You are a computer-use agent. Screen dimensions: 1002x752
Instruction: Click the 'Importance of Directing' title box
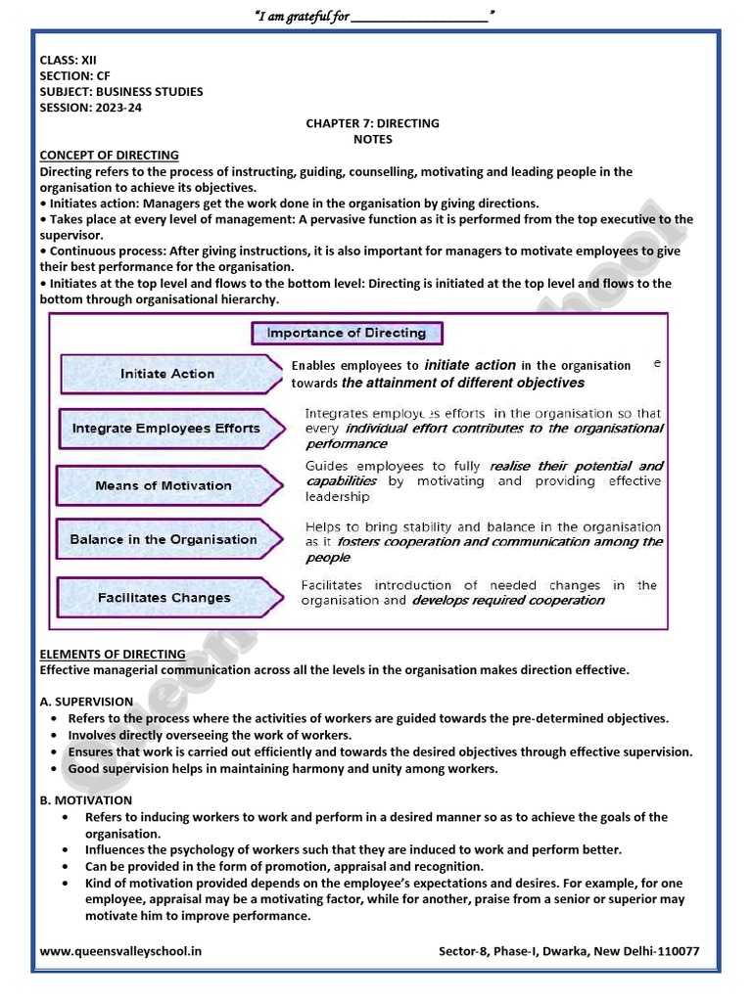click(x=347, y=333)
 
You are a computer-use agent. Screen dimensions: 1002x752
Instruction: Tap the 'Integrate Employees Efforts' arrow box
click(x=166, y=429)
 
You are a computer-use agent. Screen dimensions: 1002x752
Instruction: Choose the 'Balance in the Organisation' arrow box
click(x=164, y=539)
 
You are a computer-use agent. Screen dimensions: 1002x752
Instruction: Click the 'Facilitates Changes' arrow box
click(x=164, y=598)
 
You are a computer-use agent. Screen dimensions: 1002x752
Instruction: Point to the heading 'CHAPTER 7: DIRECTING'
click(x=372, y=123)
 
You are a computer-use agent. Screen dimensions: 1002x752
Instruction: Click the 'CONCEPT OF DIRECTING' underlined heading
click(x=109, y=155)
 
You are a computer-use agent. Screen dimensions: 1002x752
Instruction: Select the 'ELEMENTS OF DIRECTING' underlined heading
click(x=113, y=654)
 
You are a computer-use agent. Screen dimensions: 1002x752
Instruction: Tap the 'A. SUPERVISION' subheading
click(x=86, y=702)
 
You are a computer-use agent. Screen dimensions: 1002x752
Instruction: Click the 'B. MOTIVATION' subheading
click(x=85, y=800)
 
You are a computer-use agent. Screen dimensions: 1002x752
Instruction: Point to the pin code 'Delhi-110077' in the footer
click(x=662, y=951)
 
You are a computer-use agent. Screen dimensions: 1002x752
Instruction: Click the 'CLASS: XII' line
click(x=68, y=60)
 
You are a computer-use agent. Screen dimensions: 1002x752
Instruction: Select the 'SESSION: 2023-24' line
click(x=90, y=108)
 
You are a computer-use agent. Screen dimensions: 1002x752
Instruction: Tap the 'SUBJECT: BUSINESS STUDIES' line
click(x=121, y=92)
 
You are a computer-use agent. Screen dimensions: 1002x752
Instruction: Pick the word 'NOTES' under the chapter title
click(x=372, y=140)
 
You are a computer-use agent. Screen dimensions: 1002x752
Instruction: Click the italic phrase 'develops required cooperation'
click(x=508, y=601)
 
